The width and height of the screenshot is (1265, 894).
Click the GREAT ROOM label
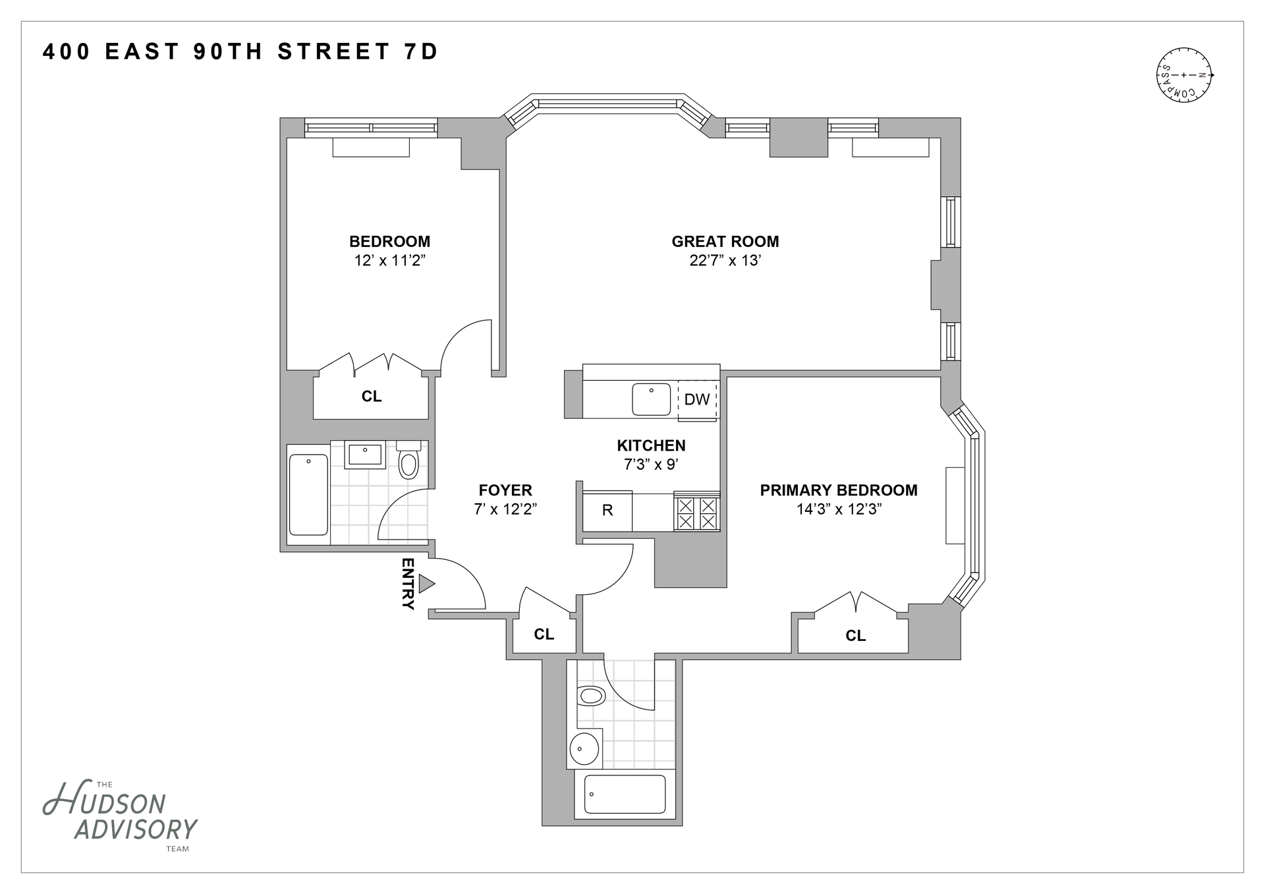pos(725,242)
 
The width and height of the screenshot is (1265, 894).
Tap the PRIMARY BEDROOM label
pos(839,490)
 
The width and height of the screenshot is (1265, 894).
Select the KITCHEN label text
pos(651,445)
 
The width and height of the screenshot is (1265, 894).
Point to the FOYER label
pos(505,490)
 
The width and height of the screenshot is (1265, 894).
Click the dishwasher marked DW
pos(697,399)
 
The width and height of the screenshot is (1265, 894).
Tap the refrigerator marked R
pos(607,511)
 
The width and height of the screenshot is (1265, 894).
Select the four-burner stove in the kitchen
pos(696,513)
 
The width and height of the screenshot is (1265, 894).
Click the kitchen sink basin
pos(652,399)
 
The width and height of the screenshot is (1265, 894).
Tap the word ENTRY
pos(408,584)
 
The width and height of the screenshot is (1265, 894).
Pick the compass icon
pos(1185,75)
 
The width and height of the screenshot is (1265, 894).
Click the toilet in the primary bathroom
pos(591,696)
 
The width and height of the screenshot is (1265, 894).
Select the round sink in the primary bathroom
pos(584,748)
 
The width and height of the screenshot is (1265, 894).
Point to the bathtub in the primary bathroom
pos(625,794)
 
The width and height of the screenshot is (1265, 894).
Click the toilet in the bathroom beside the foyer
pos(408,461)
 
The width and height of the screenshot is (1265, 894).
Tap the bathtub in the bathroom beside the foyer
pos(308,494)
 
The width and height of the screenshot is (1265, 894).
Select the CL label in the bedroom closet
pos(372,397)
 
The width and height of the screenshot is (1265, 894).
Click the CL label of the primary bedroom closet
pos(855,636)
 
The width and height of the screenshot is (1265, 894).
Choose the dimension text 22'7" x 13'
pos(725,261)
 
